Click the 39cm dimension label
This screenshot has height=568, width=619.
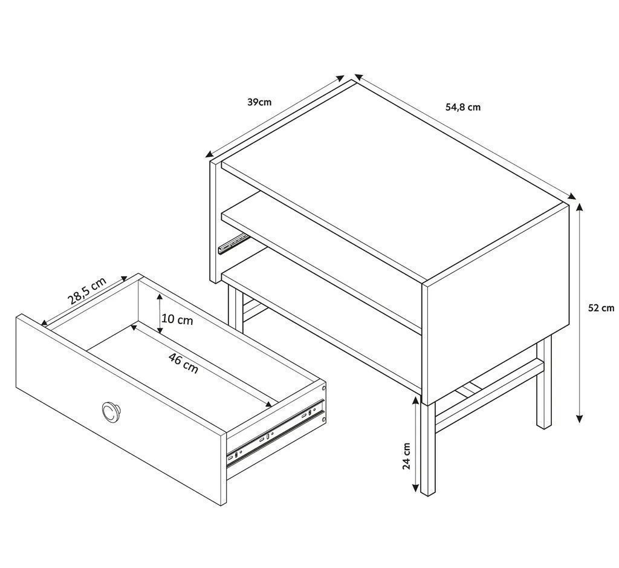[x=259, y=102]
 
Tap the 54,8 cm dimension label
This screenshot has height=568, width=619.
[x=463, y=107]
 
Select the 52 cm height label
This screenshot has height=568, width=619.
[x=601, y=308]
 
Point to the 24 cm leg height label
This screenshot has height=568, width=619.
[x=407, y=456]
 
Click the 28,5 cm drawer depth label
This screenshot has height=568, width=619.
[x=87, y=291]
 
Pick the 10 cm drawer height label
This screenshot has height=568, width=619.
[x=178, y=319]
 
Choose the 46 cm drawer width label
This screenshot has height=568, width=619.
[x=183, y=364]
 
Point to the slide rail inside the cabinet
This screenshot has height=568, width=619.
[x=233, y=243]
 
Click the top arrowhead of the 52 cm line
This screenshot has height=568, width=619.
[x=579, y=207]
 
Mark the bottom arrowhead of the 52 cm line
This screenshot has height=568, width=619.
[x=579, y=419]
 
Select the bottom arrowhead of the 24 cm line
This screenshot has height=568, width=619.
[x=415, y=488]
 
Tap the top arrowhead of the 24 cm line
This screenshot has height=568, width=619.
[x=415, y=400]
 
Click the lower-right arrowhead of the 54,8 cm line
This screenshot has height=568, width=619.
[x=572, y=197]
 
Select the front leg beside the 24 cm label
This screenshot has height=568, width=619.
[x=428, y=449]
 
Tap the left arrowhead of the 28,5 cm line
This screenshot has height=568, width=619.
[x=45, y=322]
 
